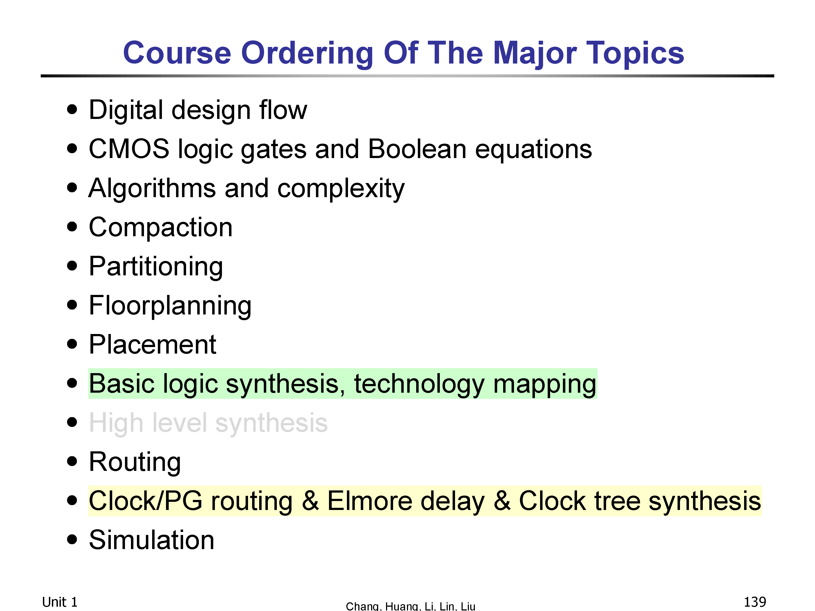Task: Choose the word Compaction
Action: [x=161, y=227]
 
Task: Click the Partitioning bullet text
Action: [x=156, y=267]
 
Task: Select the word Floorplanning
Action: [x=170, y=306]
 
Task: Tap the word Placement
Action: [x=152, y=344]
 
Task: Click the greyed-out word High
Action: [x=116, y=423]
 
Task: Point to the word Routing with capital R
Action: [x=135, y=462]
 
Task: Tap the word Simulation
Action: [x=151, y=540]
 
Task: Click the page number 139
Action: [x=755, y=602]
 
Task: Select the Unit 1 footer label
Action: [x=60, y=602]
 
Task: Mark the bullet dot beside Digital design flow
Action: [x=72, y=109]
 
